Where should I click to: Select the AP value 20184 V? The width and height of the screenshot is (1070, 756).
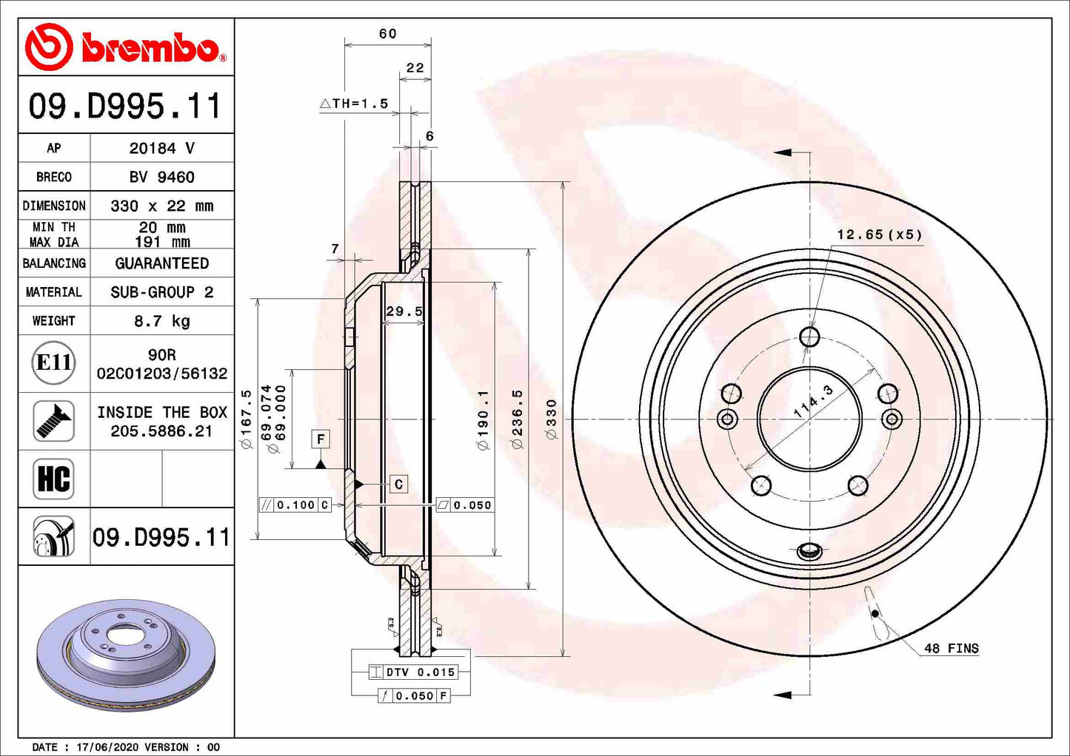(161, 148)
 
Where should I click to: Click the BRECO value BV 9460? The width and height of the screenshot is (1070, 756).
(161, 177)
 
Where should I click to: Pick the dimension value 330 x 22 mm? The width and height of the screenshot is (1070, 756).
(161, 206)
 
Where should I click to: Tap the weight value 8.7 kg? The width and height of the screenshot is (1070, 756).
(161, 321)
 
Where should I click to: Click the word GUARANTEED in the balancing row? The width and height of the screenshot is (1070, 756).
(161, 263)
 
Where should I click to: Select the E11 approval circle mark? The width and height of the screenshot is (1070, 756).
(54, 362)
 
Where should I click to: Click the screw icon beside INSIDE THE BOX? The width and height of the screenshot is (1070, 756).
(54, 421)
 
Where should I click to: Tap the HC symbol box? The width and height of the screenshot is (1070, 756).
(54, 479)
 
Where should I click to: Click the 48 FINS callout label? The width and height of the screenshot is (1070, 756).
(951, 649)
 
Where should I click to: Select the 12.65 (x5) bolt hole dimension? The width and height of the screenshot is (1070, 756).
(879, 234)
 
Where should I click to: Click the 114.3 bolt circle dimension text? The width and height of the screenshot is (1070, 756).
(813, 402)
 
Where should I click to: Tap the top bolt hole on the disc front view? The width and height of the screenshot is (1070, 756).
(809, 338)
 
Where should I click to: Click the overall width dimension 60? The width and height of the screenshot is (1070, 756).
(387, 34)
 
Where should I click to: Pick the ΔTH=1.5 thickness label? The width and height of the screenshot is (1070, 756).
(354, 104)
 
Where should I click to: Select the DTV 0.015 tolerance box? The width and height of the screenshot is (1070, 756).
(413, 672)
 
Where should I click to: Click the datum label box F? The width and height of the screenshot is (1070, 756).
(321, 439)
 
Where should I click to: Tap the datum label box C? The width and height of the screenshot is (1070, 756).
(398, 485)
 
